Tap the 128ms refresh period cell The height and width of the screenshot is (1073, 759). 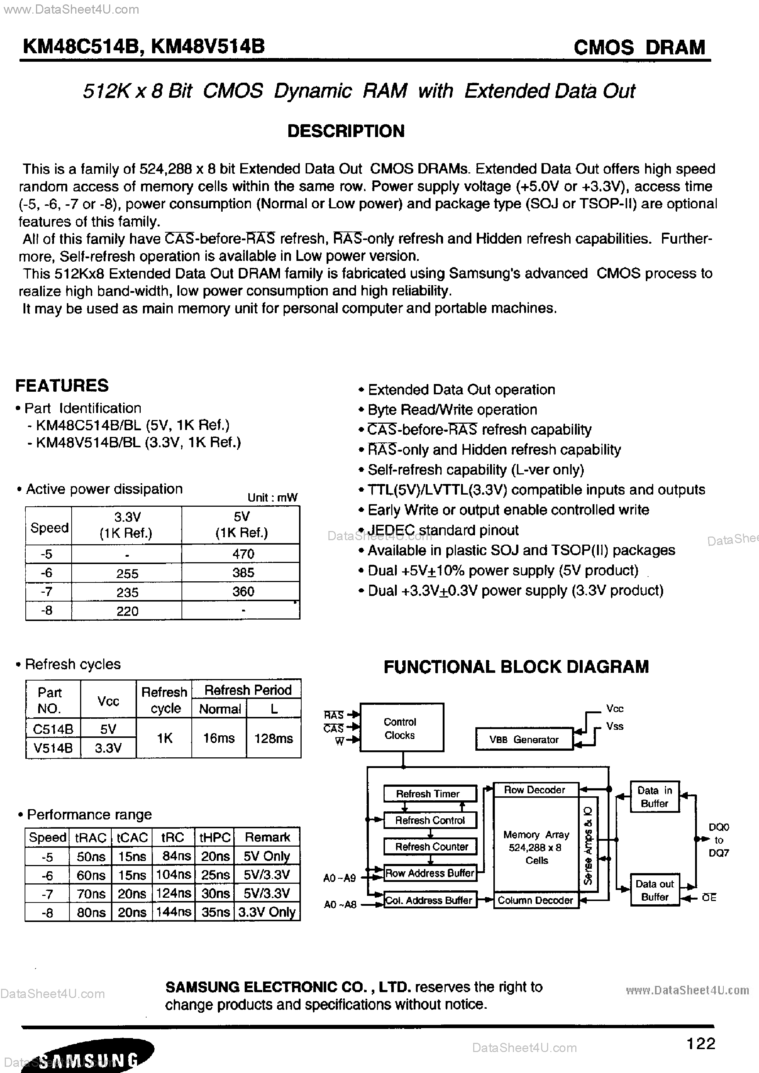273,738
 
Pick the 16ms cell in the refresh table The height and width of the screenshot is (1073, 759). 219,738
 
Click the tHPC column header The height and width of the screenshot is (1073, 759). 215,837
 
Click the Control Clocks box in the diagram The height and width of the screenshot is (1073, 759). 401,728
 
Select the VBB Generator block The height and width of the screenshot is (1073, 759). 524,740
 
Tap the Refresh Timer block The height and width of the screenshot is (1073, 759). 429,793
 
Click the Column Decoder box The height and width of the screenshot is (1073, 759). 536,900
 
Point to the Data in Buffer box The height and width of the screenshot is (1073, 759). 654,797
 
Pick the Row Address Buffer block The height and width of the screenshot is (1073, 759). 429,873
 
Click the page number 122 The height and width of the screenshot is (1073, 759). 701,1043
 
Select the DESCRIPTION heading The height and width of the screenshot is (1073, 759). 346,131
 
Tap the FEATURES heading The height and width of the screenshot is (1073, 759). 62,385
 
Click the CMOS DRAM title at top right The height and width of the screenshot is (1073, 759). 639,47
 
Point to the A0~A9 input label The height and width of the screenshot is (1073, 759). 340,878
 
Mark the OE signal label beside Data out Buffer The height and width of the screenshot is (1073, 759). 709,898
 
